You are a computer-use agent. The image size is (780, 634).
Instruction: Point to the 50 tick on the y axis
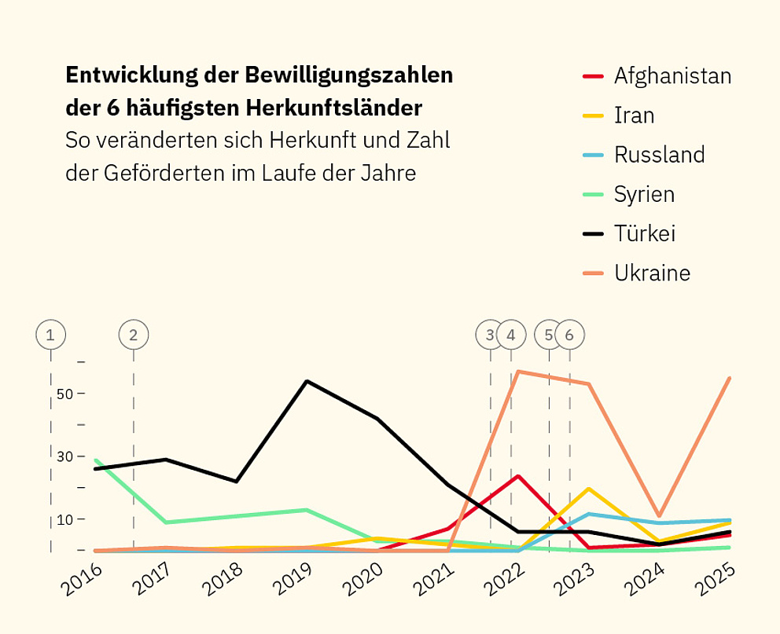pos(64,394)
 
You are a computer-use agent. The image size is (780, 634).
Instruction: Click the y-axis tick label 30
pos(64,456)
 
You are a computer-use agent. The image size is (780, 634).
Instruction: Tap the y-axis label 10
pos(64,519)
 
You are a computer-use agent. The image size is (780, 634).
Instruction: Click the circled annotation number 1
pos(51,335)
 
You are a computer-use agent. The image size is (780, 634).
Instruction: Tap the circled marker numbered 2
pos(133,335)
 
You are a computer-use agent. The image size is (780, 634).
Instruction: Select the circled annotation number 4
pos(511,335)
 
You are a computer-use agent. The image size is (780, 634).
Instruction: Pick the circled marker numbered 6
pos(570,335)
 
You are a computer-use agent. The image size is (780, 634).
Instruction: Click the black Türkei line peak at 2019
pos(307,381)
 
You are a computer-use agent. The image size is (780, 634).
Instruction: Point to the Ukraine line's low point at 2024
pos(660,516)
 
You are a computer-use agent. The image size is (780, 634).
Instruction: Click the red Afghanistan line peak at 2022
pos(518,476)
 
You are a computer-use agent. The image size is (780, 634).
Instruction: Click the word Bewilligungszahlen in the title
pos(348,75)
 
